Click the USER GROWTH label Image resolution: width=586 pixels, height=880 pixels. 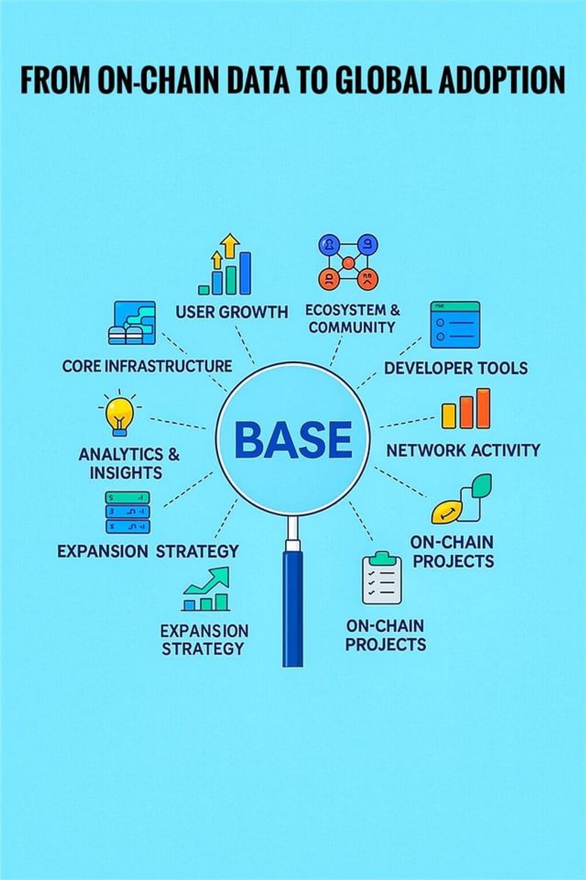(232, 312)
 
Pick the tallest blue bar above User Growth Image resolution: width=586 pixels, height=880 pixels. (245, 273)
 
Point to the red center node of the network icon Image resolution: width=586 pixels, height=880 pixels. (348, 264)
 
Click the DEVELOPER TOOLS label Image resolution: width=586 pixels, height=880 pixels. (456, 368)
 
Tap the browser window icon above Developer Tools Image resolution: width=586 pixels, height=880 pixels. (455, 325)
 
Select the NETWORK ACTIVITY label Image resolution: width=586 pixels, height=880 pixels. (463, 450)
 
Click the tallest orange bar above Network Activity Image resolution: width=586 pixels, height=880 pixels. (483, 408)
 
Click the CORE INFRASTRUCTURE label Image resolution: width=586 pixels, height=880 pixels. (147, 366)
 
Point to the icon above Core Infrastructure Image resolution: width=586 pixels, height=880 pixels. (132, 323)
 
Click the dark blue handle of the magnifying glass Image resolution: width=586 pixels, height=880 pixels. (292, 609)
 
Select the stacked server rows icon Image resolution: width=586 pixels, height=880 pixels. (127, 512)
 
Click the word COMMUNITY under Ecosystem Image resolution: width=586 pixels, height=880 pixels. (352, 327)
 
